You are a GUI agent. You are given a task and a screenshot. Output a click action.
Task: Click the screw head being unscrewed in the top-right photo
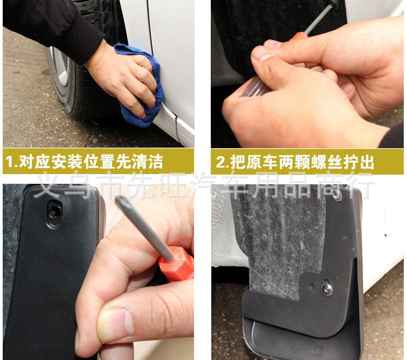tap(335, 4)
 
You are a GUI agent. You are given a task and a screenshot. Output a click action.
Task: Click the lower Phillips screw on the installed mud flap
tap(327, 289)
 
